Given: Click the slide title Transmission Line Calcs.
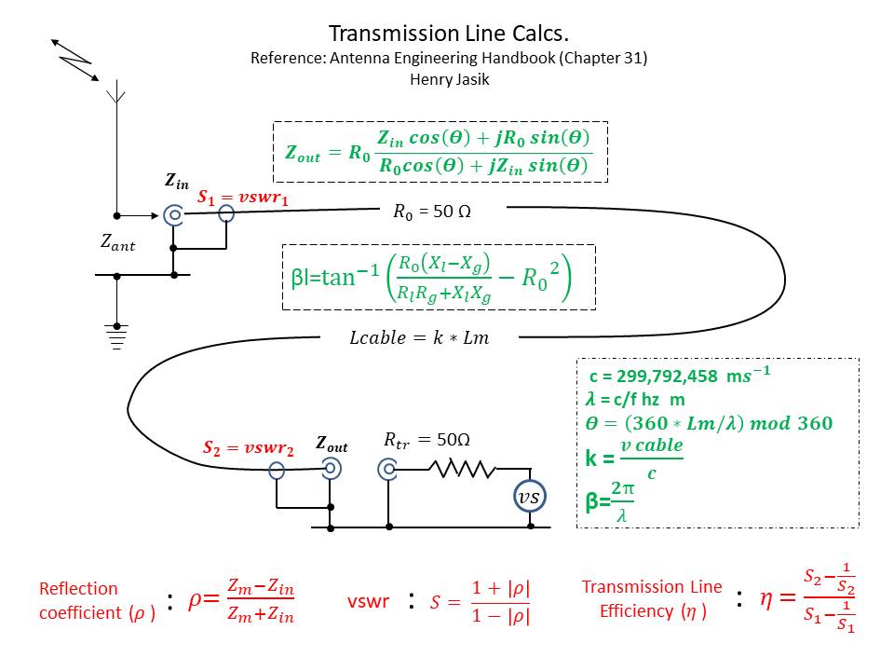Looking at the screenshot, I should tap(448, 34).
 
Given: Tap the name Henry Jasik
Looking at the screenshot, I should tap(448, 79).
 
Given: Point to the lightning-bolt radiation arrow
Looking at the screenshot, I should tap(75, 60).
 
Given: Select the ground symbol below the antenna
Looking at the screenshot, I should tap(116, 335).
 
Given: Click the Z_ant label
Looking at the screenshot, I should tap(118, 243).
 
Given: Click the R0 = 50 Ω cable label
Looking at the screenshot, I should tap(432, 212).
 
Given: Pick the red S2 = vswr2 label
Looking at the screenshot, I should tap(249, 447).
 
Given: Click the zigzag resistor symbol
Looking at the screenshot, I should tap(462, 470).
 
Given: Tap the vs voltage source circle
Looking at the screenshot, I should tap(530, 499).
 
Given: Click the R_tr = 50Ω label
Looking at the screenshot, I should tap(427, 440).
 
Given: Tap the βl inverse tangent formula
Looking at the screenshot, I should tap(439, 277).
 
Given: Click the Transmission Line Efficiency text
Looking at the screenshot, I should tap(652, 598).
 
